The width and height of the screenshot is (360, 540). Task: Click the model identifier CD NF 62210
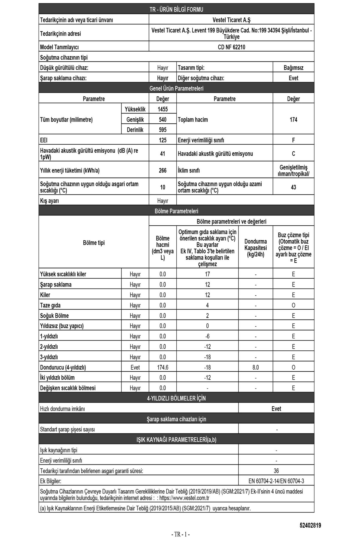231,47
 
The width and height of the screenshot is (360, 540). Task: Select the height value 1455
163,109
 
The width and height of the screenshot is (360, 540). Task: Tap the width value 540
163,120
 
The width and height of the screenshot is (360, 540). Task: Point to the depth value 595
163,130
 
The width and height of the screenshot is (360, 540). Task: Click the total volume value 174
293,120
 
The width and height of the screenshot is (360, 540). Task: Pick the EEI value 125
163,140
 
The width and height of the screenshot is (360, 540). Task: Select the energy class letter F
293,140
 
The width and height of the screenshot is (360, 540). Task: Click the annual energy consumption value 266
163,170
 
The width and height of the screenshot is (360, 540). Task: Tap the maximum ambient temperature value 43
293,187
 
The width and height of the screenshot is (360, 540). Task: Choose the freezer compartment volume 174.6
163,367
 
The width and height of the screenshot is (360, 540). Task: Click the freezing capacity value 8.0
256,367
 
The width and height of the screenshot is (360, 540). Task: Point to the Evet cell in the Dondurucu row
135,367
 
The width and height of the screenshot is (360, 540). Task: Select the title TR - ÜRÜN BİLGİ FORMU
176,10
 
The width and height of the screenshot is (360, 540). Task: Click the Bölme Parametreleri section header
176,211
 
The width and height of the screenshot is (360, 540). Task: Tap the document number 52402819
310,525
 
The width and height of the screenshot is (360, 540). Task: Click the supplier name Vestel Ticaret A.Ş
231,20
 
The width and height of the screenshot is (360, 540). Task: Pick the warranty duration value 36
276,471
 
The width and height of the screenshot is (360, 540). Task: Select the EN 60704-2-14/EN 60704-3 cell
276,481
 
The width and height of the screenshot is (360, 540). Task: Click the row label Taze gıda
50,305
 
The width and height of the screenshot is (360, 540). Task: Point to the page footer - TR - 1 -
180,534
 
